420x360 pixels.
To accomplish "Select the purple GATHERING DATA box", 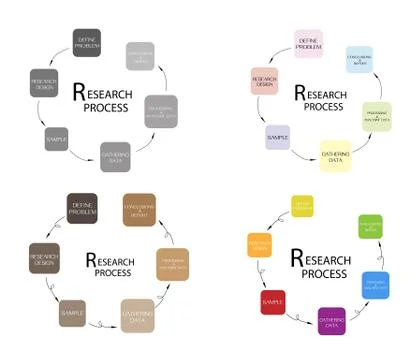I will (x=331, y=322).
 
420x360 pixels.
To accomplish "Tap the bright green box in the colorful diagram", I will (x=370, y=226).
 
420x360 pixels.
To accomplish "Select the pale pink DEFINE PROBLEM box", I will (x=308, y=43).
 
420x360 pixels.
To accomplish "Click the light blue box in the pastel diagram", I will (x=359, y=59).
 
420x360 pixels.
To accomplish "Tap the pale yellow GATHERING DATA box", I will (x=334, y=157).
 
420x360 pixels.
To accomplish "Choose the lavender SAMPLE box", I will (x=277, y=137).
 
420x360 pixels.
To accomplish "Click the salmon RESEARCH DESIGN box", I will (x=264, y=83).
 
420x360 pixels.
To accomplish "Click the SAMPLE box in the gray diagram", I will (x=57, y=137).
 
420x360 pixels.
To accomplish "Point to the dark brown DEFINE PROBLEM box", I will (x=81, y=209).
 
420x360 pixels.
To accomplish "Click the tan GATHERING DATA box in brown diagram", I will (x=138, y=314).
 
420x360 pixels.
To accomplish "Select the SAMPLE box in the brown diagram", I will (x=73, y=314).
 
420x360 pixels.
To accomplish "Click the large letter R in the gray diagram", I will (x=80, y=92).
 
